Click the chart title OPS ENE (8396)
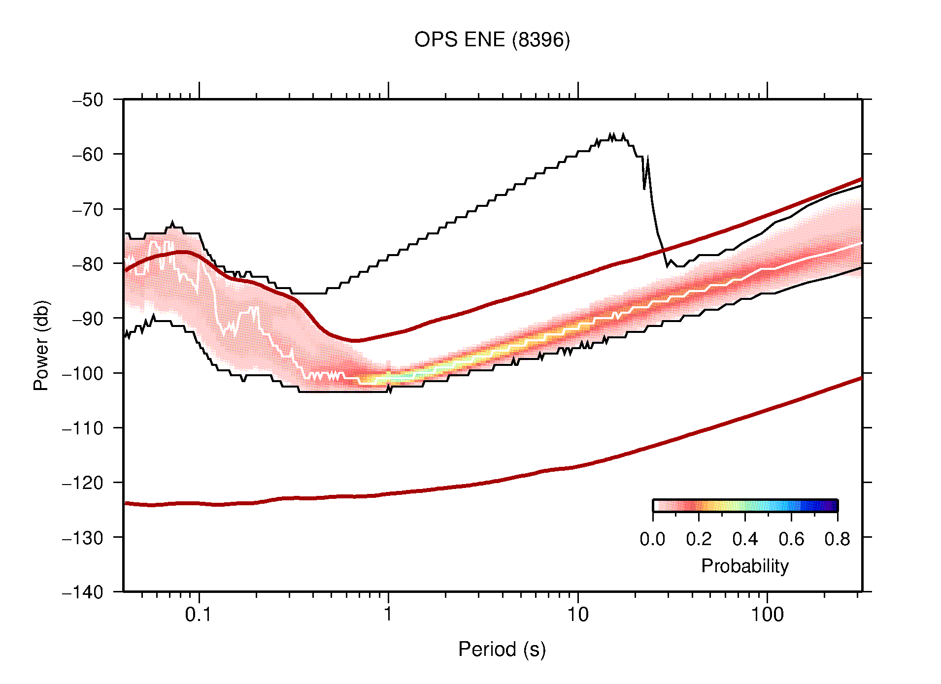coord(492,40)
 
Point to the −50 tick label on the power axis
coord(88,100)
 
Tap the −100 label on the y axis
coord(83,374)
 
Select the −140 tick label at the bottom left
coord(83,592)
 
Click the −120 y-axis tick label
coord(83,483)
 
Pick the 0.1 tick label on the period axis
coord(198,615)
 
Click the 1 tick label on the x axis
coord(388,615)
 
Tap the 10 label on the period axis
coord(577,615)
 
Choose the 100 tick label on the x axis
coord(767,615)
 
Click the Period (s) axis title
coord(502,650)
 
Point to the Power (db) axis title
coord(41,345)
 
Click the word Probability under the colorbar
coord(744,566)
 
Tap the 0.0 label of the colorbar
coord(652,540)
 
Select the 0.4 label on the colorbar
coord(745,540)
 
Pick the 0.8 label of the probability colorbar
coord(837,540)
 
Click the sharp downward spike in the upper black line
coord(644,188)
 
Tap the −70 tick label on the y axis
coord(88,210)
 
